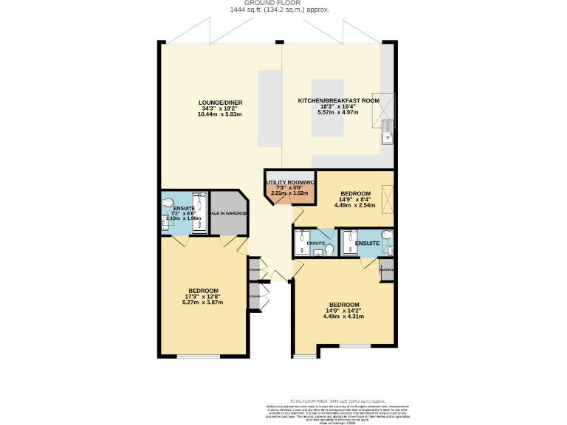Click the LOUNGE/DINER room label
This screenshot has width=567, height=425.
point(220,103)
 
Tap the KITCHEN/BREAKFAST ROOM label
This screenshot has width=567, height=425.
point(338,100)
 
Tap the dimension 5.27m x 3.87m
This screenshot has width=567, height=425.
point(202,303)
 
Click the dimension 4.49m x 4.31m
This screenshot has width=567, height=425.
point(343,317)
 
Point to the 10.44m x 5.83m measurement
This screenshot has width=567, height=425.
point(220,115)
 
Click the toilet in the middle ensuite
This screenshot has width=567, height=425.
point(329,251)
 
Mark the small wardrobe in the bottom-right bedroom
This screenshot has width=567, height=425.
point(386,269)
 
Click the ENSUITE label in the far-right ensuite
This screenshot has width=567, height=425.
point(367,243)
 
